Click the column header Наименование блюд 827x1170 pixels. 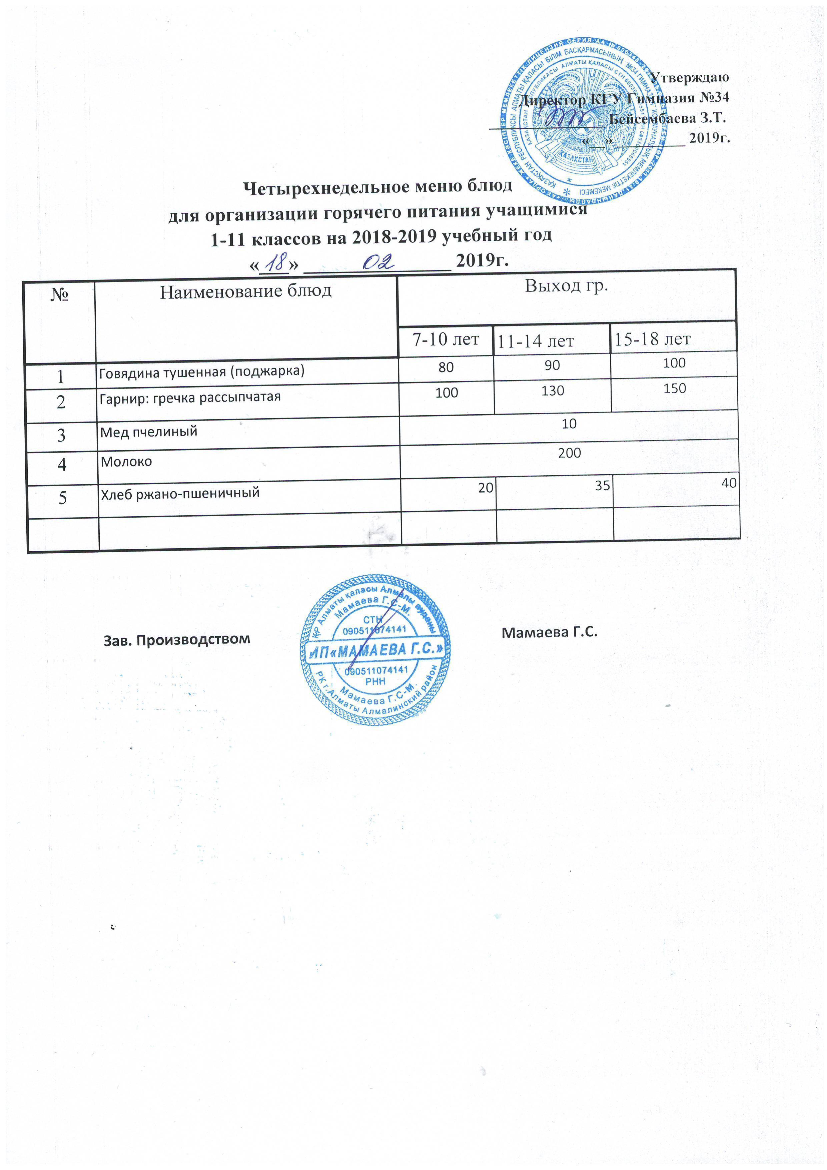246,291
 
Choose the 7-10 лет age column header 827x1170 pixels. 446,340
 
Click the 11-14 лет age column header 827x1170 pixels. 536,341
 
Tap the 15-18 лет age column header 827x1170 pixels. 652,339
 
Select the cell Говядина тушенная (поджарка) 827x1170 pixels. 202,372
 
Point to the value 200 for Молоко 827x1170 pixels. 569,453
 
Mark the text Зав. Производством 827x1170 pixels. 177,639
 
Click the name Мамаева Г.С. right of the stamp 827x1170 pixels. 549,632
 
